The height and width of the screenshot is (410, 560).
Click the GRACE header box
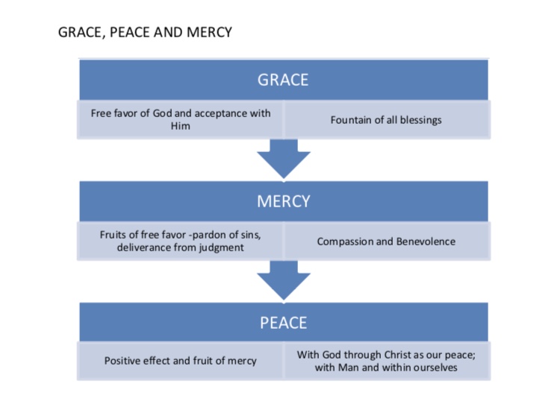283,80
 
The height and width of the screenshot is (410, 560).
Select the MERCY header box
283,201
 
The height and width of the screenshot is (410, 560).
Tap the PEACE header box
283,322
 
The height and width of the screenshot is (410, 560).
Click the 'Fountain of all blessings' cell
386,120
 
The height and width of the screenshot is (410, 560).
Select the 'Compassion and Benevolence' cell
386,242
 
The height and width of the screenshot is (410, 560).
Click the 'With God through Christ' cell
386,361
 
